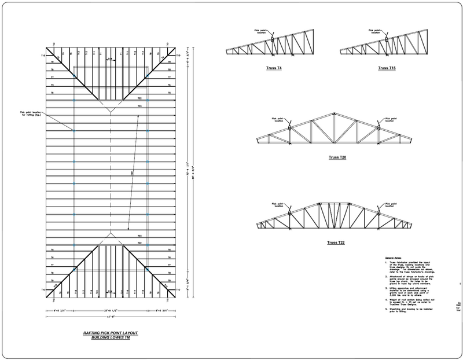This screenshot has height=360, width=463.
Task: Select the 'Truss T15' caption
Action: point(387,68)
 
